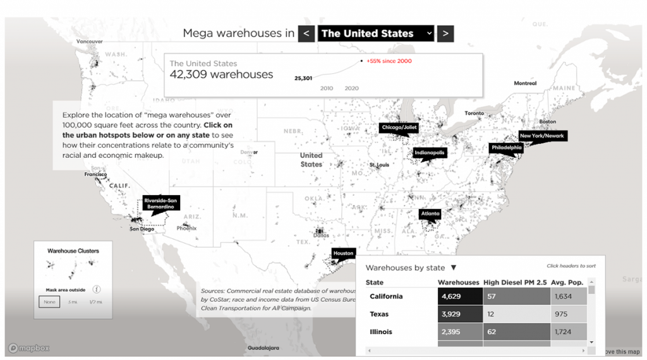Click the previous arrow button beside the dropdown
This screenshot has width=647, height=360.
(306, 33)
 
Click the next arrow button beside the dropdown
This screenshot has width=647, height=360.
(445, 33)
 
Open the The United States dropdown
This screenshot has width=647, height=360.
(376, 33)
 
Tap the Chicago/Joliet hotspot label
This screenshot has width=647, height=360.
(399, 128)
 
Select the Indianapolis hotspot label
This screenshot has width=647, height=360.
(430, 153)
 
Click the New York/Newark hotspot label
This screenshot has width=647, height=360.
(541, 136)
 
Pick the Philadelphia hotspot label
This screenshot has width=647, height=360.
(506, 148)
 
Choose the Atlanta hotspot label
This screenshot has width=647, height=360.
(430, 214)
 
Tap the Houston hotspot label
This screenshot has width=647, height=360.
(344, 253)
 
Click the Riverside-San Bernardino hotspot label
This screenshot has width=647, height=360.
(160, 203)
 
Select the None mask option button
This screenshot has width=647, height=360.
(49, 302)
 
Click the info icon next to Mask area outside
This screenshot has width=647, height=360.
(97, 289)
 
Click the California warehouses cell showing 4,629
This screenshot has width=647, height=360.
(459, 296)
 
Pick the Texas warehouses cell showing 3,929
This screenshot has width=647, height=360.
(459, 314)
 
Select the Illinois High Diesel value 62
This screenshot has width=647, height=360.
(516, 332)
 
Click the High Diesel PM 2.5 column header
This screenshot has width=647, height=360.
(515, 282)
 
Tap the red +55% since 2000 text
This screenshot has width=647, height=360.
(389, 61)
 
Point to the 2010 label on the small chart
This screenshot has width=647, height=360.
(327, 88)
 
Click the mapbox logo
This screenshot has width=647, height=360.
(29, 348)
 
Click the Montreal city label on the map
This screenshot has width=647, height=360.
(525, 83)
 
